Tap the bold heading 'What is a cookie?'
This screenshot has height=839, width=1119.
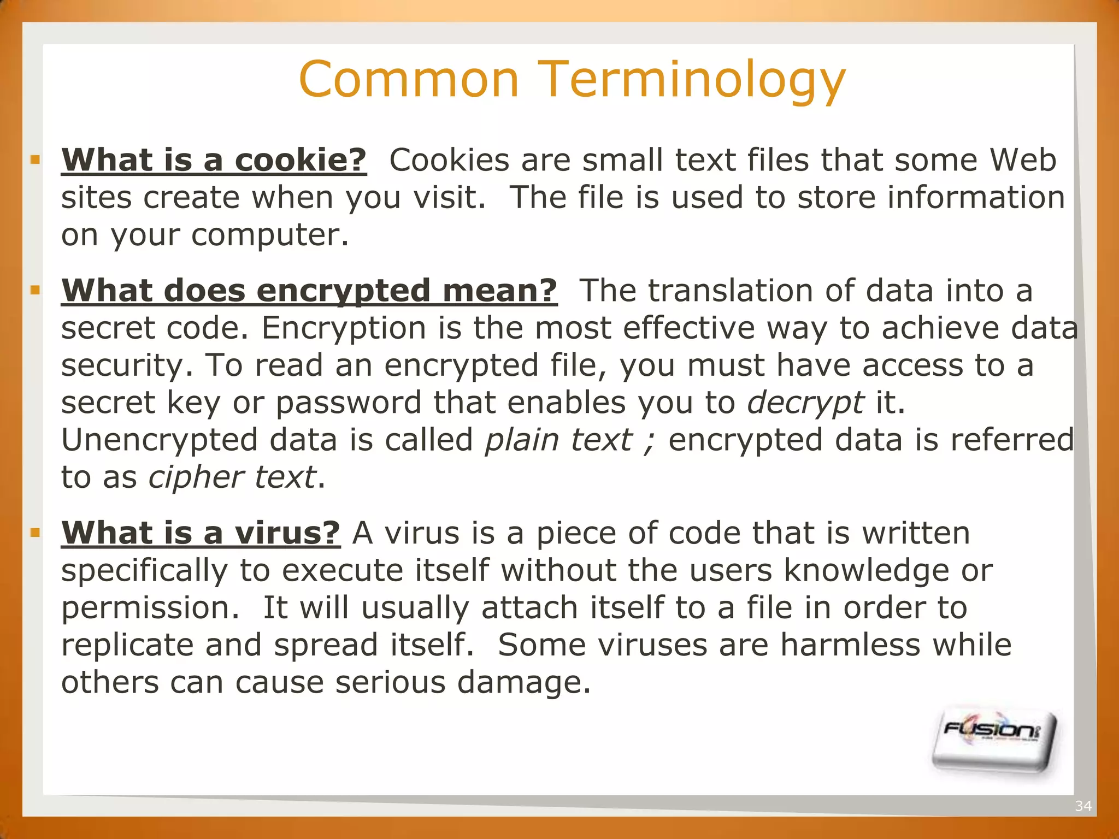(214, 160)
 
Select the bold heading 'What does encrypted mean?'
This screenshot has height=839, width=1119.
(309, 290)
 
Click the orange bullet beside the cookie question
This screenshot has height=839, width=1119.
(36, 160)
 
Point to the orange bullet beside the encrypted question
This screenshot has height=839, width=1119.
(36, 290)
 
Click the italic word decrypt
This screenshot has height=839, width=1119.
(805, 403)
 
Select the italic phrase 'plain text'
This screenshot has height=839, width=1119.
(558, 440)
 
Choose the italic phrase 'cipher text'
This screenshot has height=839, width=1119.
(232, 477)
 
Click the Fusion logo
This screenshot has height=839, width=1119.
(993, 742)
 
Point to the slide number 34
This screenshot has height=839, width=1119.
(1083, 806)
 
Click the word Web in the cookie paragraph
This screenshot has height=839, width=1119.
(1023, 160)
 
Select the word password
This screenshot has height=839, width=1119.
(348, 403)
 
